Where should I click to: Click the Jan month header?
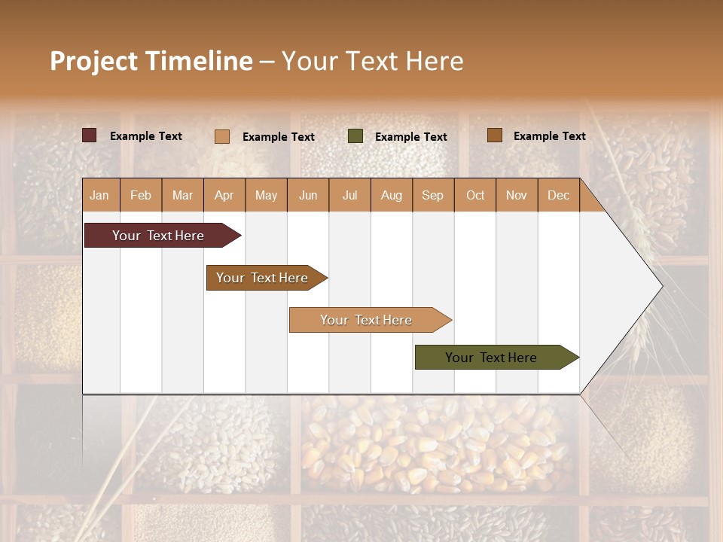[99, 195]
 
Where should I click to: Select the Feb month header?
[141, 195]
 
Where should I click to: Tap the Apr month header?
[224, 195]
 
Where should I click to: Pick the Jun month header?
[308, 195]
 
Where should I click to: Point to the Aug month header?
[391, 195]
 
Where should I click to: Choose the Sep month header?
[432, 195]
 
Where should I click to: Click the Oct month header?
[475, 195]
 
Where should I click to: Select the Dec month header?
[558, 195]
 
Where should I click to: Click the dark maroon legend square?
[89, 135]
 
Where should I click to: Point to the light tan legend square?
[221, 136]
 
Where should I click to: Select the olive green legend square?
[355, 136]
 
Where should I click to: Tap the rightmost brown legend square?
[494, 135]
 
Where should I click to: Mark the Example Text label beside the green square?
[410, 137]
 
